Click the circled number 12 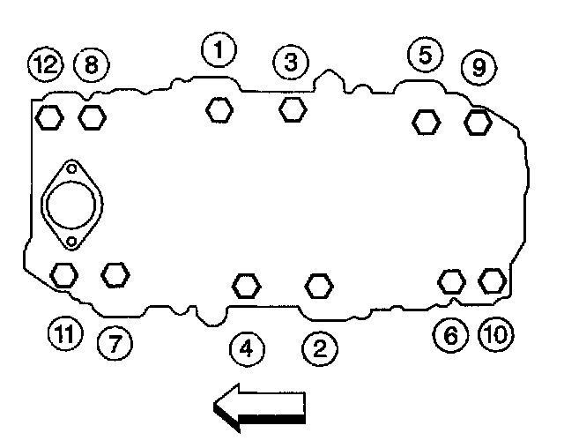coord(44,63)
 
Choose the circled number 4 coord(247,348)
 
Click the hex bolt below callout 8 coord(92,116)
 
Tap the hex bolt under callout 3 coord(293,109)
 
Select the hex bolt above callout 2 coord(319,285)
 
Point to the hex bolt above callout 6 coord(451,280)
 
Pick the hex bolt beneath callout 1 coord(219,109)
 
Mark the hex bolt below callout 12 coord(49,116)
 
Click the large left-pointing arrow coord(259,408)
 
